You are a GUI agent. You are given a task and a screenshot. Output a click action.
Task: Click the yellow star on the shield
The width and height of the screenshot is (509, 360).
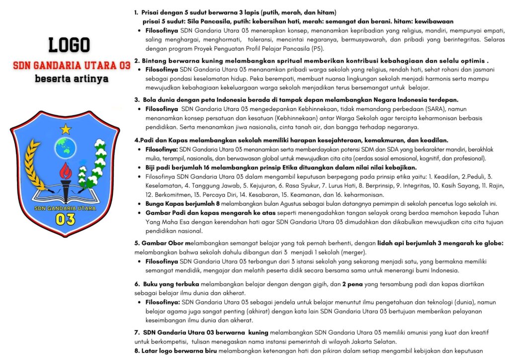(66, 130)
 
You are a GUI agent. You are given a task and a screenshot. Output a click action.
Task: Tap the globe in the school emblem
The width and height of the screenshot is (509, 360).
(66, 147)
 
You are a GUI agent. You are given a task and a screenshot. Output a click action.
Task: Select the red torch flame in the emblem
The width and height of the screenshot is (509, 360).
(65, 172)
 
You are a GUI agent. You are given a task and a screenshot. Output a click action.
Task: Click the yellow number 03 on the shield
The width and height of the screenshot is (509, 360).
(65, 219)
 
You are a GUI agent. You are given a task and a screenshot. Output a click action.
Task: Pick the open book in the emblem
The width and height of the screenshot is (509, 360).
(65, 195)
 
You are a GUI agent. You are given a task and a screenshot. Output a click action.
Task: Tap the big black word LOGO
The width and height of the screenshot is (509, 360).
(69, 46)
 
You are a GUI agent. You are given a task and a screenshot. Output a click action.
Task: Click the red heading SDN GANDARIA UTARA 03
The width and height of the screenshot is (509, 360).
(72, 65)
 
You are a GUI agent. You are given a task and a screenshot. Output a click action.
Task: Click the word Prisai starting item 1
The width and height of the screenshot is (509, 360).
(152, 12)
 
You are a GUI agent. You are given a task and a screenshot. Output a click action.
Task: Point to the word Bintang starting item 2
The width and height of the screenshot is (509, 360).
(154, 60)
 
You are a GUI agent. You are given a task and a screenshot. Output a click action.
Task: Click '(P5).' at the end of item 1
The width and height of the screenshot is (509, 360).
(316, 49)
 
